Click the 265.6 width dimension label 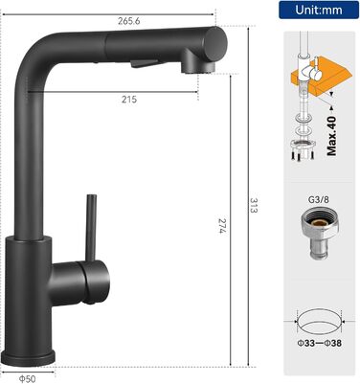click(129, 21)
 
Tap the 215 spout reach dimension click(129, 100)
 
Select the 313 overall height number click(254, 206)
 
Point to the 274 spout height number click(222, 226)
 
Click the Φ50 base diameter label click(27, 379)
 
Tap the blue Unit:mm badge click(319, 10)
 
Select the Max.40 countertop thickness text click(331, 136)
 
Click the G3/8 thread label click(318, 200)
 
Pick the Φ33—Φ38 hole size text click(319, 344)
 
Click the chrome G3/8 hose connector click(319, 233)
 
